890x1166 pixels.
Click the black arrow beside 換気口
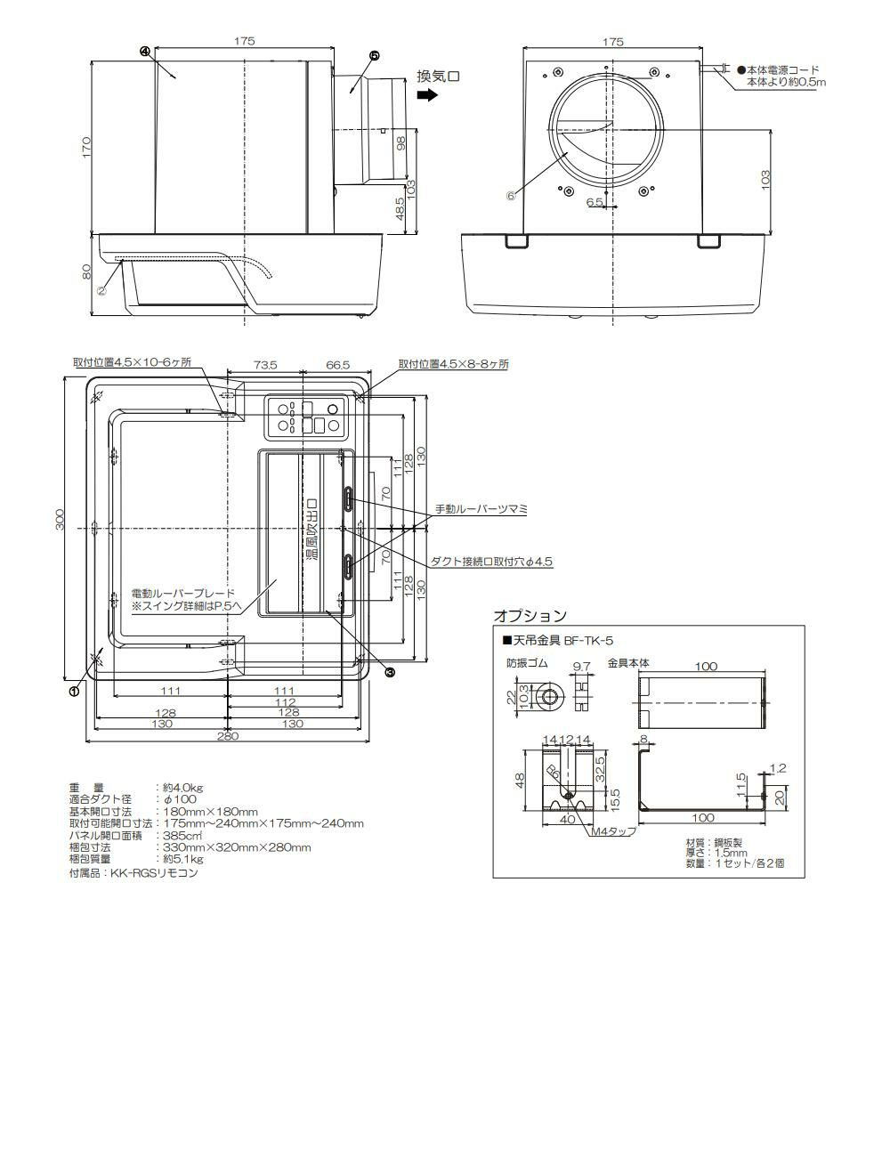[x=427, y=95]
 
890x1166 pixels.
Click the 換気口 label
[x=438, y=76]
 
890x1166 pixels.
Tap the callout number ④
[x=145, y=52]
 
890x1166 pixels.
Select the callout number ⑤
[x=374, y=56]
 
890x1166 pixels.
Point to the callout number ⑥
[x=511, y=196]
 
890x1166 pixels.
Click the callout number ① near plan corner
[x=74, y=691]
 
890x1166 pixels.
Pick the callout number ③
[x=391, y=671]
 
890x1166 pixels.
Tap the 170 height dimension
[x=86, y=147]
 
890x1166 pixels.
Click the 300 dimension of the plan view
[x=60, y=520]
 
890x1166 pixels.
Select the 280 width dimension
[x=227, y=736]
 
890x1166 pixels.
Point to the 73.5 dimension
[x=265, y=365]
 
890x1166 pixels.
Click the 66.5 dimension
[x=337, y=365]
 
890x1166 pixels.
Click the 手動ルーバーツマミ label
[x=481, y=509]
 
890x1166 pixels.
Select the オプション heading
[x=530, y=616]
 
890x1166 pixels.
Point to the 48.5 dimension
[x=400, y=209]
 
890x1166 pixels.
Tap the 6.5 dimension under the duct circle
[x=595, y=202]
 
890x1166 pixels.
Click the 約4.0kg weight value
[x=183, y=787]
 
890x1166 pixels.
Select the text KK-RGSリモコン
[x=154, y=873]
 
